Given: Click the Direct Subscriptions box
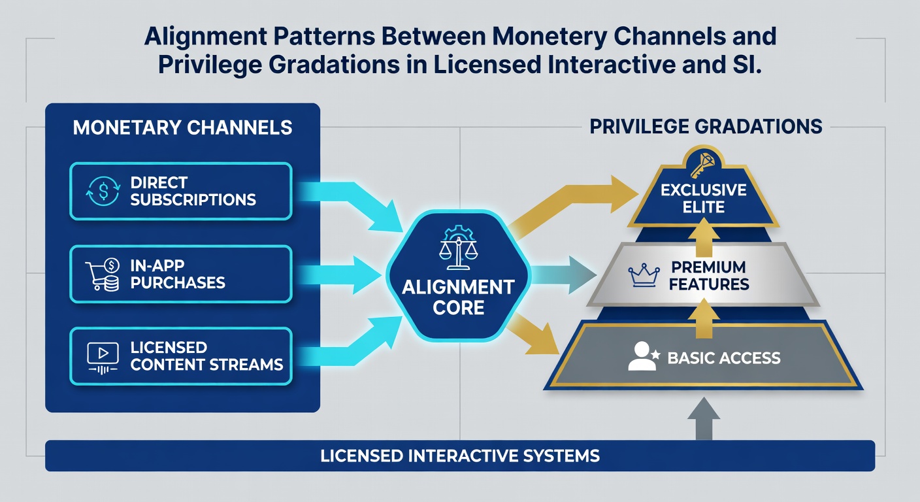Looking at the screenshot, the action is (x=181, y=191).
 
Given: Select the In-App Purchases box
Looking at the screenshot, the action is (x=181, y=274).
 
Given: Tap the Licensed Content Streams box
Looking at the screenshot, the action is (x=181, y=356).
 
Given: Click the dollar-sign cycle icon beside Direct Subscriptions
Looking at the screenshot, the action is (x=103, y=191).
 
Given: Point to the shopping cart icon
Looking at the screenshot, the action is (x=103, y=275).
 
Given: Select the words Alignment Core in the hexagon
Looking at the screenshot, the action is (x=458, y=297).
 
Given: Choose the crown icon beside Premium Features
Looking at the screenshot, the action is (x=644, y=275).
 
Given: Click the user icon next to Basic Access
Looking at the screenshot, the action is (x=643, y=356).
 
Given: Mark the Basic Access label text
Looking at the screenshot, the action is (x=724, y=358).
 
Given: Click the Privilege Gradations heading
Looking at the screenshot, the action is (x=706, y=127).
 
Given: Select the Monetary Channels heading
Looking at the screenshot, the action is (x=182, y=127).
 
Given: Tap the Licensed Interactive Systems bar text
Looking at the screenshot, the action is (x=460, y=456).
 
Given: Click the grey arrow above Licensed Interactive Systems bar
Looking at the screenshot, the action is (x=704, y=418).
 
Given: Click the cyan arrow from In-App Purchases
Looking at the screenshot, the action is (x=340, y=275).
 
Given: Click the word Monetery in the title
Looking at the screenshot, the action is (x=549, y=37).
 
